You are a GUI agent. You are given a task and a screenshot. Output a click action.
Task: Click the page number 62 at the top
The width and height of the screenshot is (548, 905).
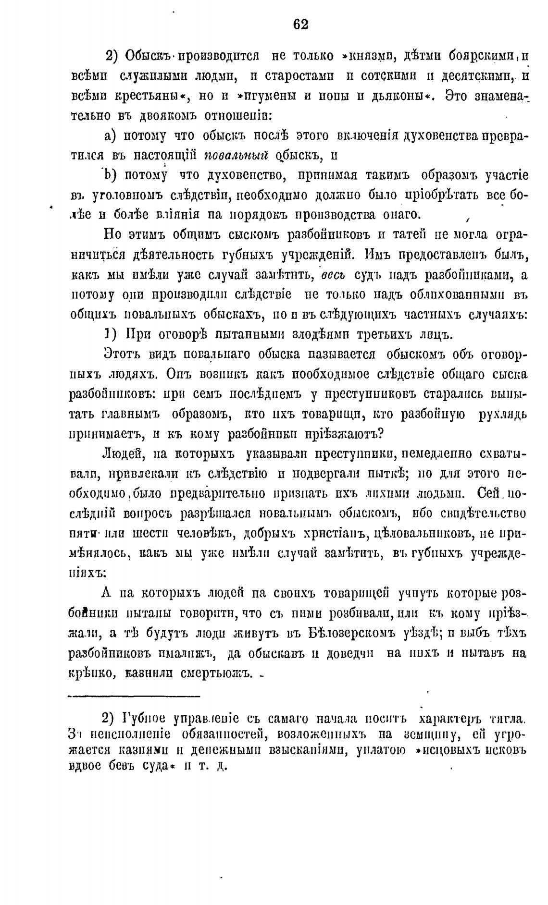pyautogui.click(x=300, y=24)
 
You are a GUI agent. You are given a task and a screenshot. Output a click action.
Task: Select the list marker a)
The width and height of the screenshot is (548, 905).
pyautogui.click(x=110, y=136)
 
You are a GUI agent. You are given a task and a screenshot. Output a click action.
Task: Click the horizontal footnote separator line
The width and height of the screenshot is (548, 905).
pyautogui.click(x=134, y=696)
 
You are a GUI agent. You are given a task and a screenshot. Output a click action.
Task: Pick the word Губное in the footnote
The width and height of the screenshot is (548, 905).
pyautogui.click(x=145, y=719)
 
